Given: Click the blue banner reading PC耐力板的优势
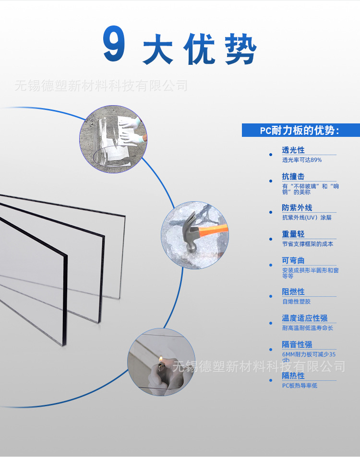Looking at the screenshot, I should point(300,131).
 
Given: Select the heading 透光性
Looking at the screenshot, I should point(293,150).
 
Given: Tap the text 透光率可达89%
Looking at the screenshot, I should point(302,160).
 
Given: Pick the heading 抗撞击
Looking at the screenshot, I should point(293,177).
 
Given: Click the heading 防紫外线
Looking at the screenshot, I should point(297,208).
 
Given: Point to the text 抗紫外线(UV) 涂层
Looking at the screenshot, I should point(307,218).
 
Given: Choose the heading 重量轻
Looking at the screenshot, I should point(293,234).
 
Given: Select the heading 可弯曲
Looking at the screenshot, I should point(293,261).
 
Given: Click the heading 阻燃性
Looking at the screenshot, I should point(293,292).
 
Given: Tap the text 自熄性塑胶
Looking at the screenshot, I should point(296,302).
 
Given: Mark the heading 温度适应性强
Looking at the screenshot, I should point(305,318).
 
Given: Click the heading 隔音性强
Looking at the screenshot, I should point(297,345).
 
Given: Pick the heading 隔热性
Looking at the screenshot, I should point(293,376).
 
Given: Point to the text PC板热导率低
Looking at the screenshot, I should point(300,386).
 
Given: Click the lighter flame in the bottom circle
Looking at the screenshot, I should point(160,360).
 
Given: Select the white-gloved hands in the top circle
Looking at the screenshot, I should point(132,130).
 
